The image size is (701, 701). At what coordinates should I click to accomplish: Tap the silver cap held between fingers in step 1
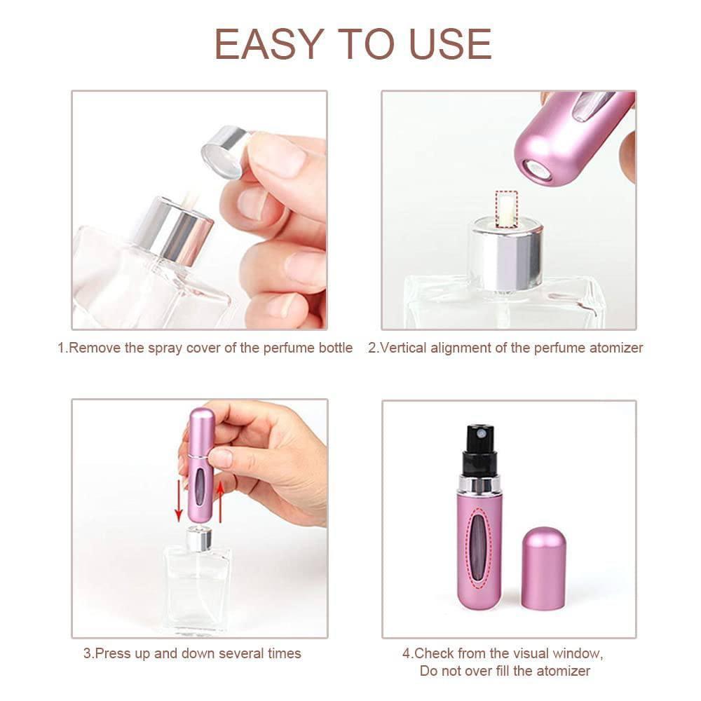coord(224,149)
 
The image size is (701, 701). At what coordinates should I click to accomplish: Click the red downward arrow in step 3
coord(178,503)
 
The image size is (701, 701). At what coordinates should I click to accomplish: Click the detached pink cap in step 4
coord(543,568)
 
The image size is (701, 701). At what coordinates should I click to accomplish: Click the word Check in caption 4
coord(434,653)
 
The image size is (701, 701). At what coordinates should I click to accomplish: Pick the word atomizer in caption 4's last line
coord(562,672)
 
